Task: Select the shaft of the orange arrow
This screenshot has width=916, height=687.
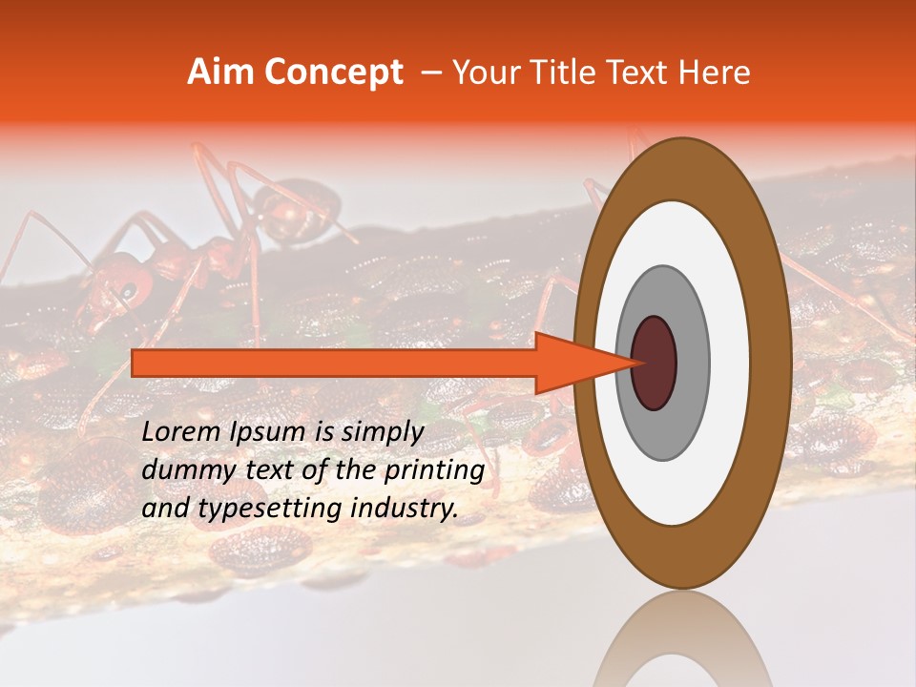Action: (334, 363)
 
